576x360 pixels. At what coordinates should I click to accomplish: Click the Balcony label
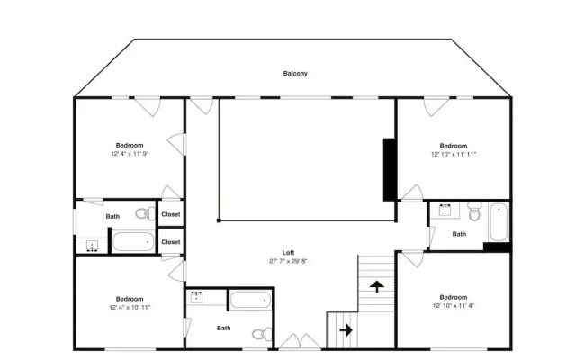click(295, 74)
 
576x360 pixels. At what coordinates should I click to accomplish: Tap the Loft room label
click(288, 252)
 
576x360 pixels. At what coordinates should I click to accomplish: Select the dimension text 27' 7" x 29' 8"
click(288, 261)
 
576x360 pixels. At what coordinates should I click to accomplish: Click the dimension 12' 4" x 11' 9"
click(130, 154)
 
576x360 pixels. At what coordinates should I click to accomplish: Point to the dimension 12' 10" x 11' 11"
click(454, 154)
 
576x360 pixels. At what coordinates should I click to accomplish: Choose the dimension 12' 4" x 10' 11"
click(130, 307)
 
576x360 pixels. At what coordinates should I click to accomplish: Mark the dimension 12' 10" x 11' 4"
click(454, 306)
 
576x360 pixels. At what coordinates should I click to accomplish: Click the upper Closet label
click(171, 214)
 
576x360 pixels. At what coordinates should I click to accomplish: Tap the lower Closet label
click(171, 242)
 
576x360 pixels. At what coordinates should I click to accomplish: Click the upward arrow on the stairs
click(377, 286)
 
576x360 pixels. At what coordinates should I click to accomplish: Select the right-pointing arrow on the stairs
click(346, 330)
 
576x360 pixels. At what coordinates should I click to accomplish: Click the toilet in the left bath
click(146, 213)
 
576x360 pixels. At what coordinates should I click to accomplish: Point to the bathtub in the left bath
click(133, 242)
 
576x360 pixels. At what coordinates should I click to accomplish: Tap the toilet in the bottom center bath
click(262, 334)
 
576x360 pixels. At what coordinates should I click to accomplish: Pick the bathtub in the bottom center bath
click(250, 300)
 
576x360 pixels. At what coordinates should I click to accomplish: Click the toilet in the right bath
click(474, 212)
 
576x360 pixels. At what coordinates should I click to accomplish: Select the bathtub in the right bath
click(499, 222)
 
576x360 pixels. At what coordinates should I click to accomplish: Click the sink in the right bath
click(445, 210)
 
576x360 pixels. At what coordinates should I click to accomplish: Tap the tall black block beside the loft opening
click(389, 170)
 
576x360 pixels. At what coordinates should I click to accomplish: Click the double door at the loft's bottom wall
click(300, 341)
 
